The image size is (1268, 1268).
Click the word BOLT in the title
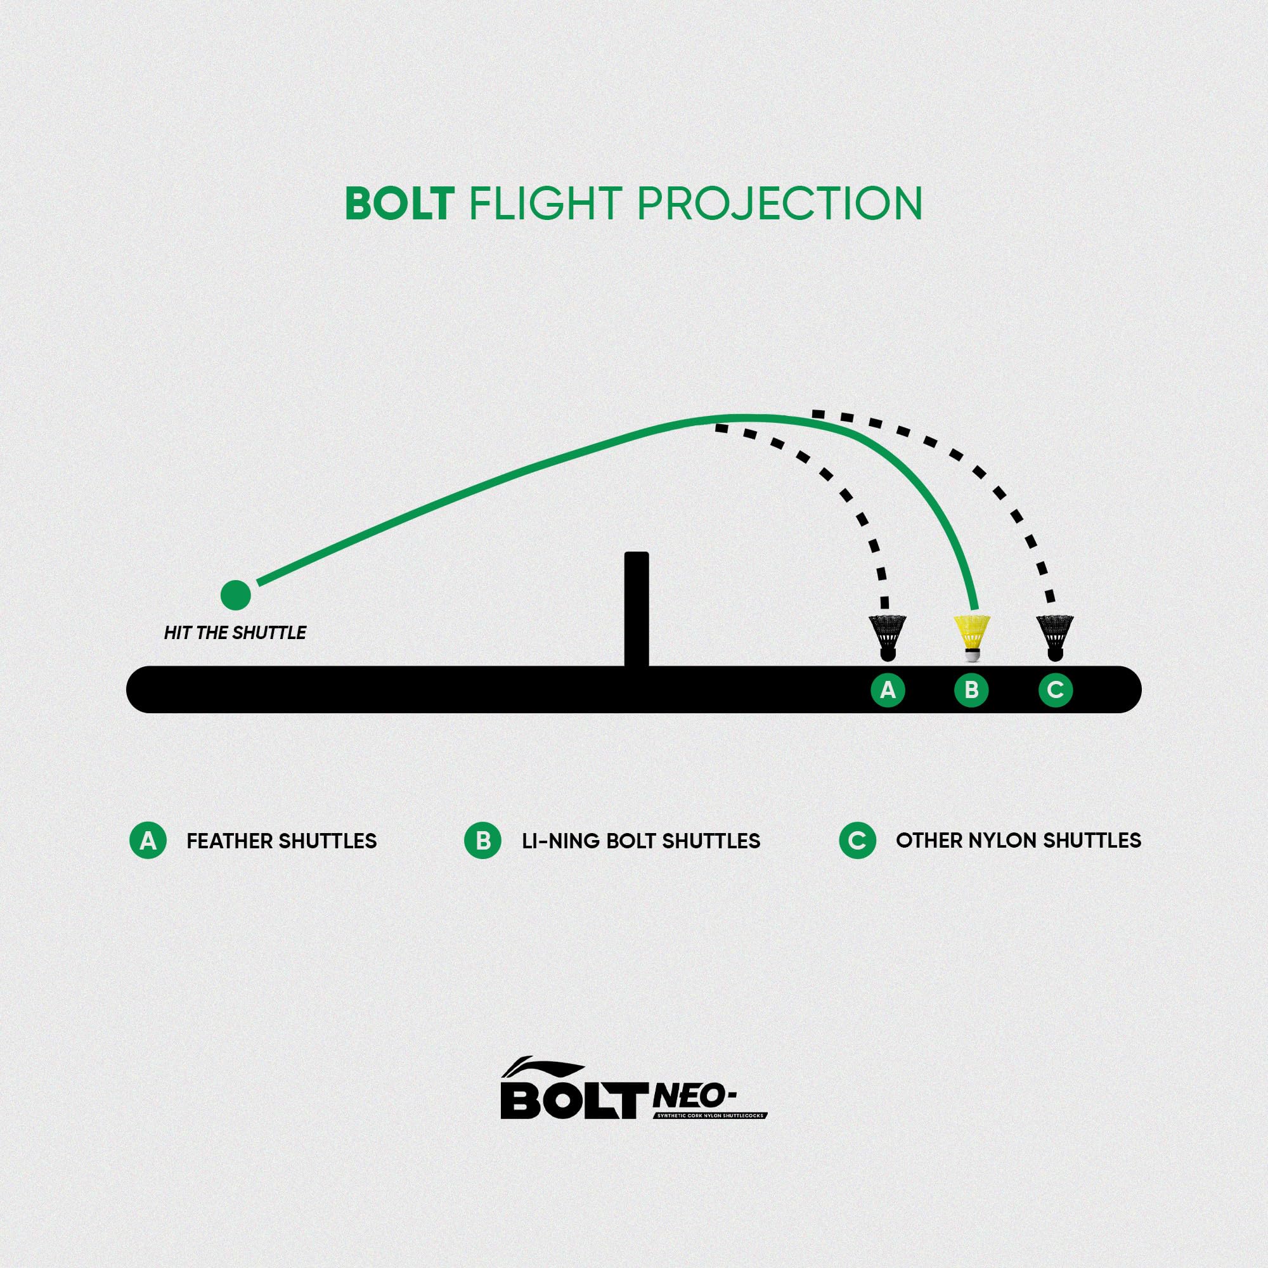click(x=399, y=204)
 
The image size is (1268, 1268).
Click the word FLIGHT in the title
click(x=544, y=204)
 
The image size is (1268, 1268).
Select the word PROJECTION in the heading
click(x=779, y=204)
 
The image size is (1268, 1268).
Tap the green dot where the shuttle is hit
click(x=236, y=595)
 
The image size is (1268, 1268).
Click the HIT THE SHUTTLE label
click(x=235, y=633)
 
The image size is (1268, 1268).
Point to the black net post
click(x=637, y=610)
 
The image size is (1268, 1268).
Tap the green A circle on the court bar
click(x=888, y=690)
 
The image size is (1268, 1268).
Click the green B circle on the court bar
click(x=971, y=690)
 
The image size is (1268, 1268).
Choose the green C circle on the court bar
click(x=1056, y=690)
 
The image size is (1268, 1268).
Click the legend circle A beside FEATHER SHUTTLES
click(x=148, y=841)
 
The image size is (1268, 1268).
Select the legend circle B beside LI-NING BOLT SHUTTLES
click(x=483, y=841)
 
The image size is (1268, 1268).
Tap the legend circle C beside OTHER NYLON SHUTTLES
click(x=857, y=841)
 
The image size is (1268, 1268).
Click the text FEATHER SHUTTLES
click(x=281, y=841)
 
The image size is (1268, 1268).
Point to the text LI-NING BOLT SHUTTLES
click(x=641, y=841)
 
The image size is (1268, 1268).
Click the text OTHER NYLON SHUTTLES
click(x=1019, y=841)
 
